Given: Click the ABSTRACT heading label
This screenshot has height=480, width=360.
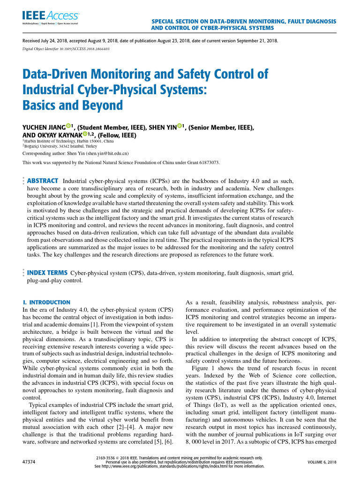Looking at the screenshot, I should pyautogui.click(x=43, y=180).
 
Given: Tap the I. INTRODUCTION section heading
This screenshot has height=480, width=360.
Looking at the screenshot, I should pyautogui.click(x=46, y=302).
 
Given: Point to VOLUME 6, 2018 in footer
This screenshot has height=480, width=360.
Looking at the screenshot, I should pyautogui.click(x=322, y=462).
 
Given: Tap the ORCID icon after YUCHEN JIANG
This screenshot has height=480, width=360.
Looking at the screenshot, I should pyautogui.click(x=68, y=126).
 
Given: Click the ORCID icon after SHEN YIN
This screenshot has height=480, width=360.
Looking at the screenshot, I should pyautogui.click(x=180, y=126).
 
